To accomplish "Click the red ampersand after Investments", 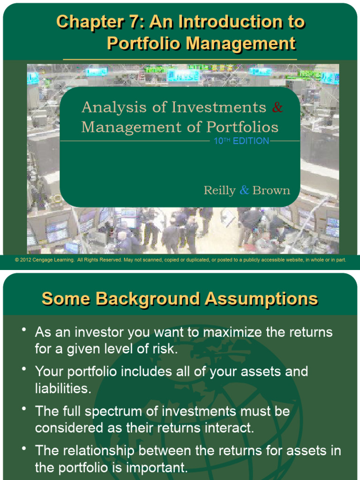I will point(277,107).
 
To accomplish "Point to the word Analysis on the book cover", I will point(111,107).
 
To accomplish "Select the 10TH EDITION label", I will point(241,141).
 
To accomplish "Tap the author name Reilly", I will point(219,190).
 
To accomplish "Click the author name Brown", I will point(271,190).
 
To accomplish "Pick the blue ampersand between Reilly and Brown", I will point(244,190).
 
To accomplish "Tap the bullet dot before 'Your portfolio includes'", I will point(23,369).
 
